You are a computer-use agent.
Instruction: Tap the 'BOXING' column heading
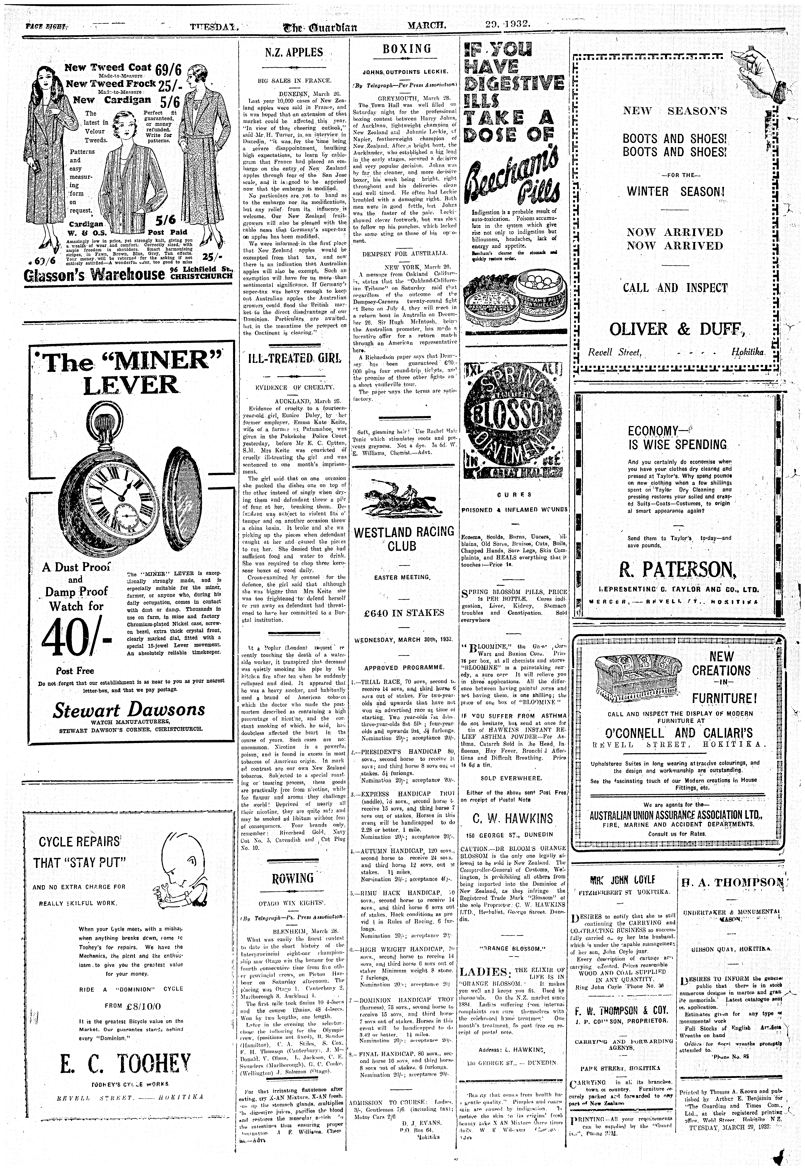point(407,49)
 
